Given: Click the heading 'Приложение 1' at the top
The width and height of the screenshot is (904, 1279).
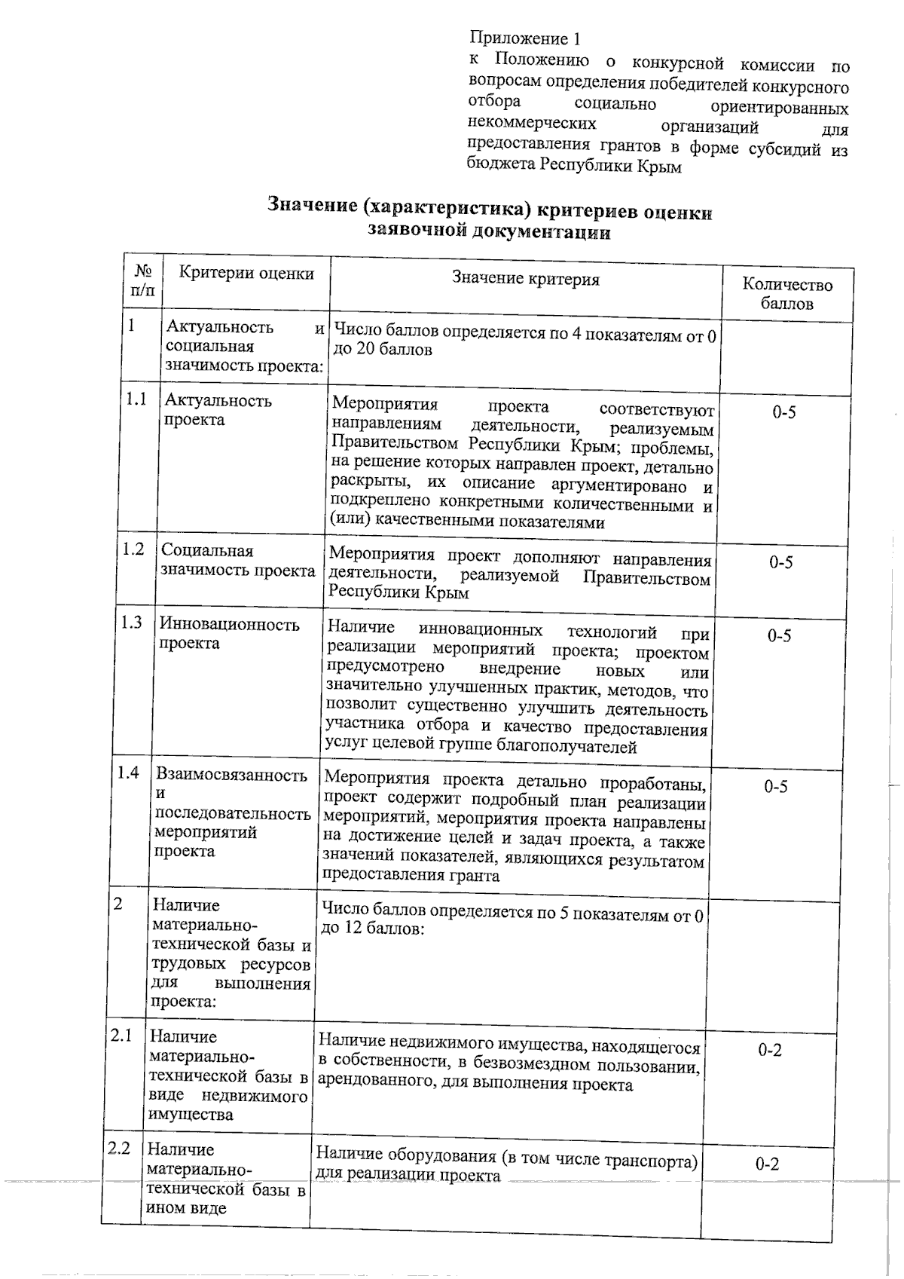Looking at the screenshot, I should (x=525, y=38).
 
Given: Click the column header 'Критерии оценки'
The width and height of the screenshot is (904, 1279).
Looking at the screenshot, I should (x=246, y=274).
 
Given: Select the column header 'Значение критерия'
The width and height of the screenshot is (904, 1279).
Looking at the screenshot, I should (x=526, y=280).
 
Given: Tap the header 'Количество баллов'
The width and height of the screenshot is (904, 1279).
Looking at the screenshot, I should (x=787, y=294).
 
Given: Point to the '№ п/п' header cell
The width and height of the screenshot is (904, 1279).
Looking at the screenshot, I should (x=142, y=280).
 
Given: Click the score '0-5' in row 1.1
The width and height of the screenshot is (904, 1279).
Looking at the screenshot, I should (x=783, y=412).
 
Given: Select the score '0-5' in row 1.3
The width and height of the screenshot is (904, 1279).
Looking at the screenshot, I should (x=779, y=636).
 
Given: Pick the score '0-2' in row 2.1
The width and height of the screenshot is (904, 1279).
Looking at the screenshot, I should (x=770, y=1050).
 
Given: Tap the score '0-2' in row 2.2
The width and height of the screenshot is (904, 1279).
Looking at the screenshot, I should (x=767, y=1164).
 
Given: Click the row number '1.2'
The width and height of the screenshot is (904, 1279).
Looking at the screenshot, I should (x=133, y=549).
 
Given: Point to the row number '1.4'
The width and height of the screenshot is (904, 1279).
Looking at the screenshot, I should (x=128, y=773).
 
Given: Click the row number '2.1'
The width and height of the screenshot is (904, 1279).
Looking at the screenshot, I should (x=121, y=1036).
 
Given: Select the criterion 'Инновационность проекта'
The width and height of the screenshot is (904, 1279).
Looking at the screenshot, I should (x=229, y=633).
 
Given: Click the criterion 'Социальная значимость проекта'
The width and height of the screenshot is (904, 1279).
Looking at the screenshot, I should (x=237, y=560).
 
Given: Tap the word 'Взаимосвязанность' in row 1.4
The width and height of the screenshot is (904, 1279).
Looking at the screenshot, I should (x=231, y=776).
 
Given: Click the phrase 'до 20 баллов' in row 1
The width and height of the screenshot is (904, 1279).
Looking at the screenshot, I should (x=383, y=350).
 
